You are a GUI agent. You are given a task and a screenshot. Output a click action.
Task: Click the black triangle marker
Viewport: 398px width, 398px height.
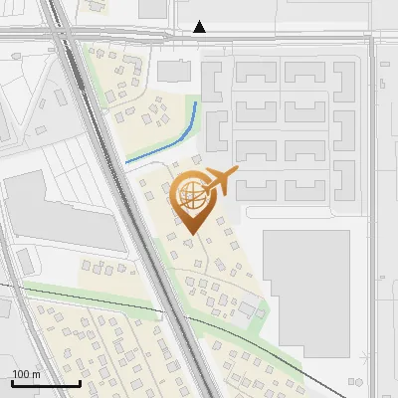point(200,27)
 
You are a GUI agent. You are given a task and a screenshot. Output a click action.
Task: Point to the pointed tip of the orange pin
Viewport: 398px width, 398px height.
point(192,234)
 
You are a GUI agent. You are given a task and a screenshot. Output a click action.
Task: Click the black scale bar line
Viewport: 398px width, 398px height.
point(46,383)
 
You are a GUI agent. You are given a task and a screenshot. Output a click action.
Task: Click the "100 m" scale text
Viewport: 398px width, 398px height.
point(27,374)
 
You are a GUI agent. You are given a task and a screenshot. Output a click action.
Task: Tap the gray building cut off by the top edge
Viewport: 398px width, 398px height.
point(153,8)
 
